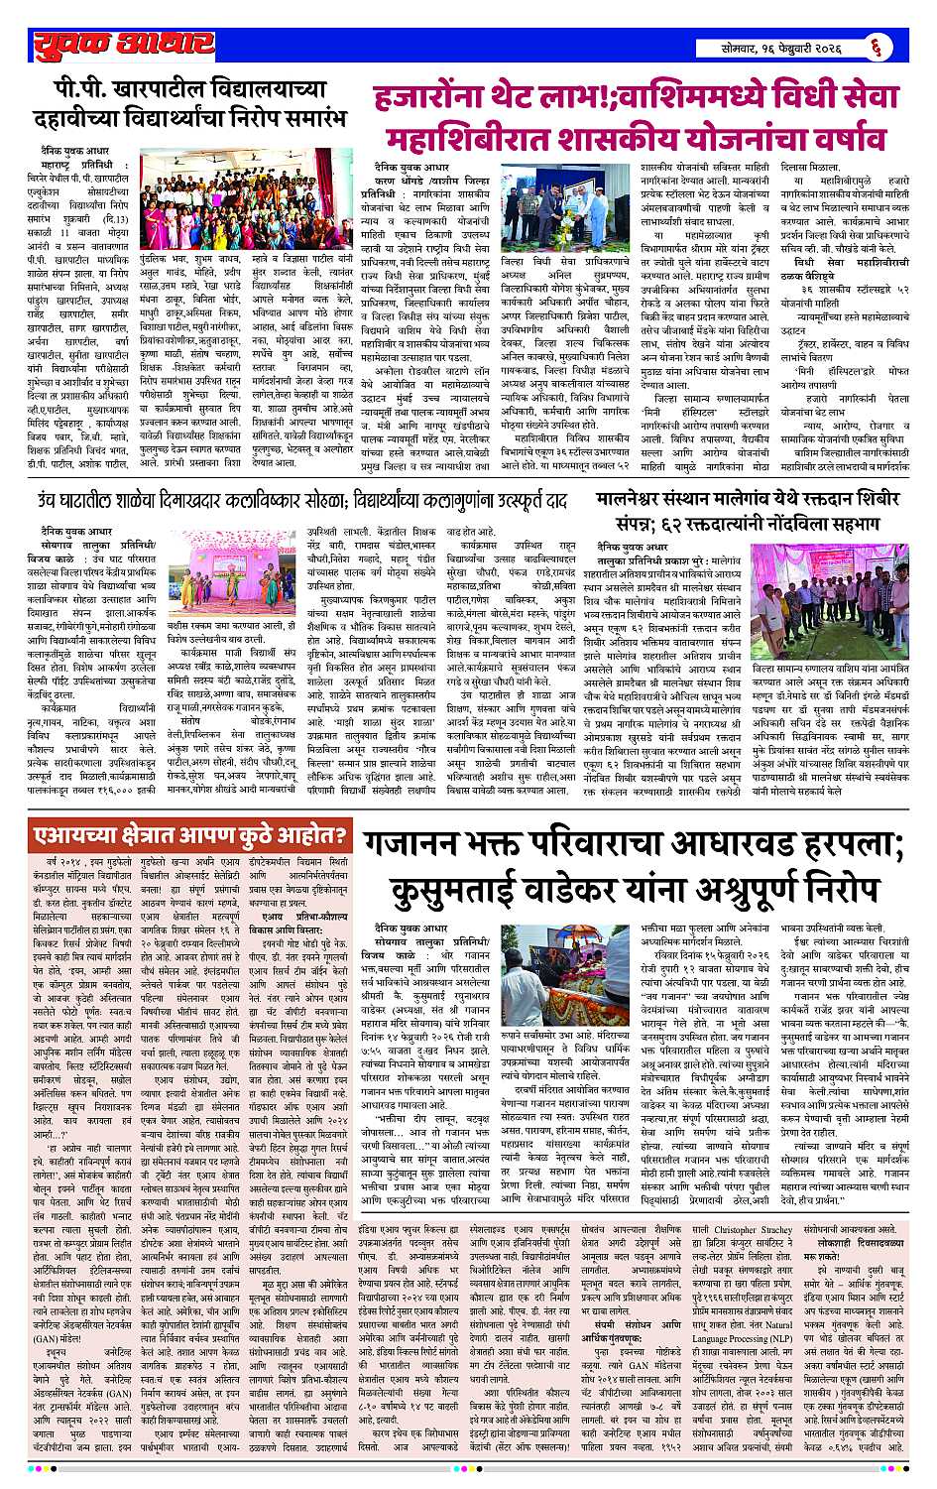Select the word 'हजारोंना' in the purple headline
(x=427, y=99)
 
